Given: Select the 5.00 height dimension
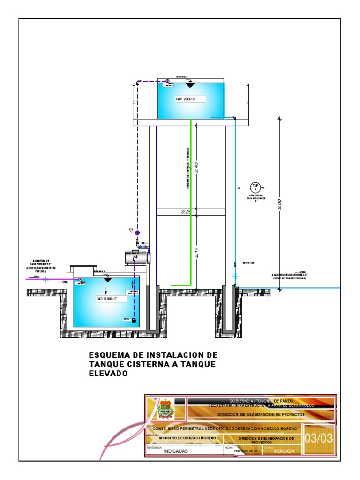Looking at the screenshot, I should tap(279, 203).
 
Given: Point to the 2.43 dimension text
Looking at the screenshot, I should tap(196, 167).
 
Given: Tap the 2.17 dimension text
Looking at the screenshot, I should tap(196, 253).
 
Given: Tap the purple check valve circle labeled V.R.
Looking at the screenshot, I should tap(137, 232).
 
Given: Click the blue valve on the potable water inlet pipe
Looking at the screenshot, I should tap(45, 280).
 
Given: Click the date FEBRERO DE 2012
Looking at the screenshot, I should tap(247, 450).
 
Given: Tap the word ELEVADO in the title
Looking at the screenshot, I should tap(108, 374).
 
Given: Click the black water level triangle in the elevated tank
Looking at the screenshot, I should tap(190, 85).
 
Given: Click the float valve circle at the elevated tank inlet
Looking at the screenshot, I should tap(167, 82).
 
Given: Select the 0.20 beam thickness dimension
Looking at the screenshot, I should tap(187, 212).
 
